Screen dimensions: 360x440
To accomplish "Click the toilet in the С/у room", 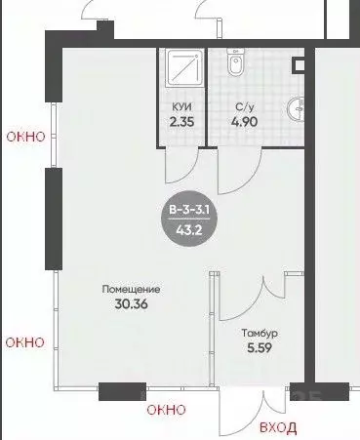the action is click(x=235, y=61).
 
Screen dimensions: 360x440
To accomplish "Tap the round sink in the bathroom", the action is click(x=296, y=109).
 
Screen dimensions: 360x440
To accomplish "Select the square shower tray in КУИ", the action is click(x=184, y=67).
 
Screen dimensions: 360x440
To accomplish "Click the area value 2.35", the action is click(x=181, y=122).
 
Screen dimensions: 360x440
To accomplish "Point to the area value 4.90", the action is click(x=245, y=122).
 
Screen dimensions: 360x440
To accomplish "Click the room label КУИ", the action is click(x=181, y=106).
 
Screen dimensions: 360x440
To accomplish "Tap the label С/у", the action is click(x=245, y=107).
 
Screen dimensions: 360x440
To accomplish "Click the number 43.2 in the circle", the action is click(x=189, y=230).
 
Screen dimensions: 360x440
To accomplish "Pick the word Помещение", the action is click(x=131, y=289).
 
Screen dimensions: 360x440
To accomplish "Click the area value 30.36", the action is click(x=131, y=304).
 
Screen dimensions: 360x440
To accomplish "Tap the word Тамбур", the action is click(x=260, y=334).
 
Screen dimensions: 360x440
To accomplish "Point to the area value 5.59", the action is click(x=260, y=348).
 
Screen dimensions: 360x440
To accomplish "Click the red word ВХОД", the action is click(x=278, y=427).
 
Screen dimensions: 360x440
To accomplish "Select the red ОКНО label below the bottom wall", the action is click(x=166, y=410).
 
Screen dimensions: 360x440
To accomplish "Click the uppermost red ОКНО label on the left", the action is click(x=25, y=137).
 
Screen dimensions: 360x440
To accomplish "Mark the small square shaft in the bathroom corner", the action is click(x=299, y=65).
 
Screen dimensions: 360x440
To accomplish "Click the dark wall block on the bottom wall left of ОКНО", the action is click(x=122, y=391).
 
